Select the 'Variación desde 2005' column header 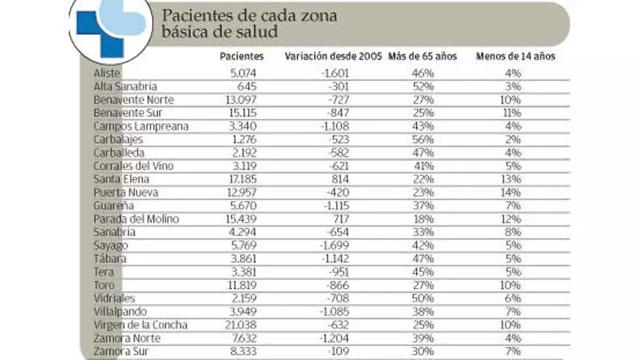coord(333,57)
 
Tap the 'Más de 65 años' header coord(423,57)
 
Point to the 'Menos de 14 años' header coord(515,57)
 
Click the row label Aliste coord(107,73)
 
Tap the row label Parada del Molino coord(136,219)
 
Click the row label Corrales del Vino coord(133,166)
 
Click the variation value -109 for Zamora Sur coord(344,352)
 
